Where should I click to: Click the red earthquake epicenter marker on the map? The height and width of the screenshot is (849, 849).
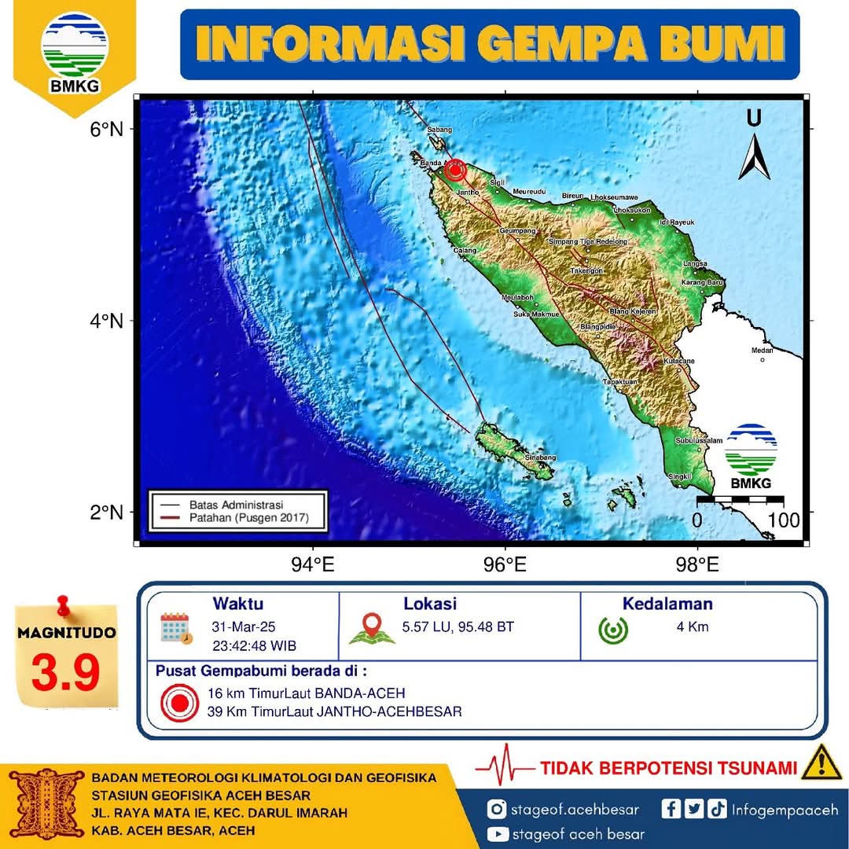pos(454,170)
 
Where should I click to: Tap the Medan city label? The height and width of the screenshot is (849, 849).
pos(762,351)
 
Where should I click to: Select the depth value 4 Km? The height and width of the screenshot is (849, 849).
pos(693,627)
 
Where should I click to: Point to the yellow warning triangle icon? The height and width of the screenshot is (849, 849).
pos(821,763)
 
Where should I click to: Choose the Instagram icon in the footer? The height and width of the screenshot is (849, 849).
pos(496,810)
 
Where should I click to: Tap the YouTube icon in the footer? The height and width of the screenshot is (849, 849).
pos(497,834)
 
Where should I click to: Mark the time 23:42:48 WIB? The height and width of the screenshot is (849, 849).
pos(254,646)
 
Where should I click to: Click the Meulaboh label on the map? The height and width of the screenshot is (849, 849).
pos(518,298)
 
